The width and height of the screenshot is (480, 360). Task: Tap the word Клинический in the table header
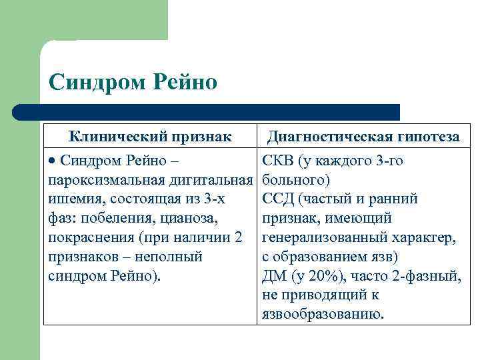[x=112, y=137]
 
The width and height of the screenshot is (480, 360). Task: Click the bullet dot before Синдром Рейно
[x=53, y=161]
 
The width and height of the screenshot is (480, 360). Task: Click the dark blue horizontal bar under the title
[x=207, y=111]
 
